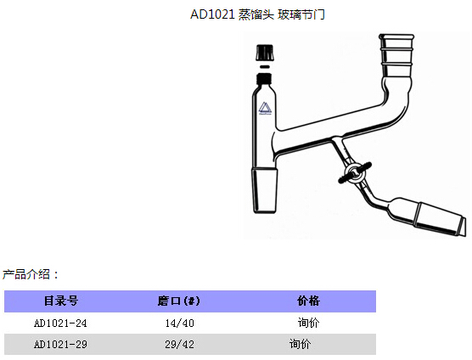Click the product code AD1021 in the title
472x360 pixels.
point(212,14)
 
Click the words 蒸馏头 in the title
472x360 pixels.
point(256,14)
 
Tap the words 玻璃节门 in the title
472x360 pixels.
point(301,14)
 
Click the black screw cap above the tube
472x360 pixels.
point(265,53)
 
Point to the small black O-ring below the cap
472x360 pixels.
point(265,66)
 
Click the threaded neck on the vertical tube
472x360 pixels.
point(265,77)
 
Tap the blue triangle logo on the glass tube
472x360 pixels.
point(265,109)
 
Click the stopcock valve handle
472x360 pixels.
point(355,172)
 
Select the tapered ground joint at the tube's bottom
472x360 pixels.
point(265,191)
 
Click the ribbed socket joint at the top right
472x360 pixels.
point(396,55)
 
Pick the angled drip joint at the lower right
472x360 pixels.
point(441,219)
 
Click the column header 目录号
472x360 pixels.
point(61,301)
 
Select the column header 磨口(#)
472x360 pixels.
point(179,301)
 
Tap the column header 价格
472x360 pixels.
point(308,301)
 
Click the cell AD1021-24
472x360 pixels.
point(60,323)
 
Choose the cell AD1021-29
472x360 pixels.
point(60,344)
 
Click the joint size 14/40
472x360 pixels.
point(179,323)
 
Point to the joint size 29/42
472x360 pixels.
point(179,344)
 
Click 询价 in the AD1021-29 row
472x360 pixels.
point(301,344)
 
